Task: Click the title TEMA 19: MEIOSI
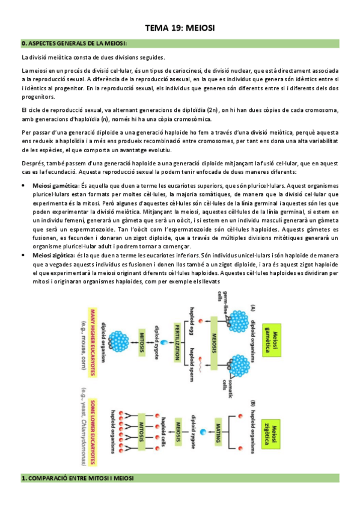coord(180,28)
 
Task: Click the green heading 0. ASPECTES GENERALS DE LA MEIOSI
coord(75,43)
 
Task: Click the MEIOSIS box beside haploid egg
coord(215,338)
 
